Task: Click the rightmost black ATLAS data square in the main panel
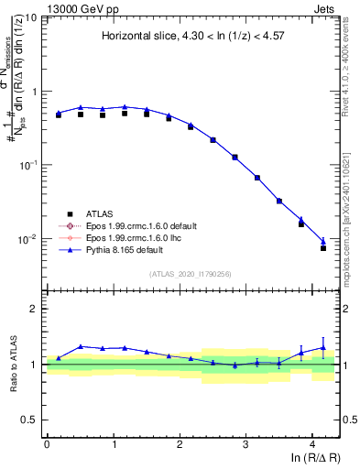pos(323,248)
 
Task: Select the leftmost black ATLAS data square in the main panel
pos(59,115)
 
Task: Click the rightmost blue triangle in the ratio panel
pos(323,347)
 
